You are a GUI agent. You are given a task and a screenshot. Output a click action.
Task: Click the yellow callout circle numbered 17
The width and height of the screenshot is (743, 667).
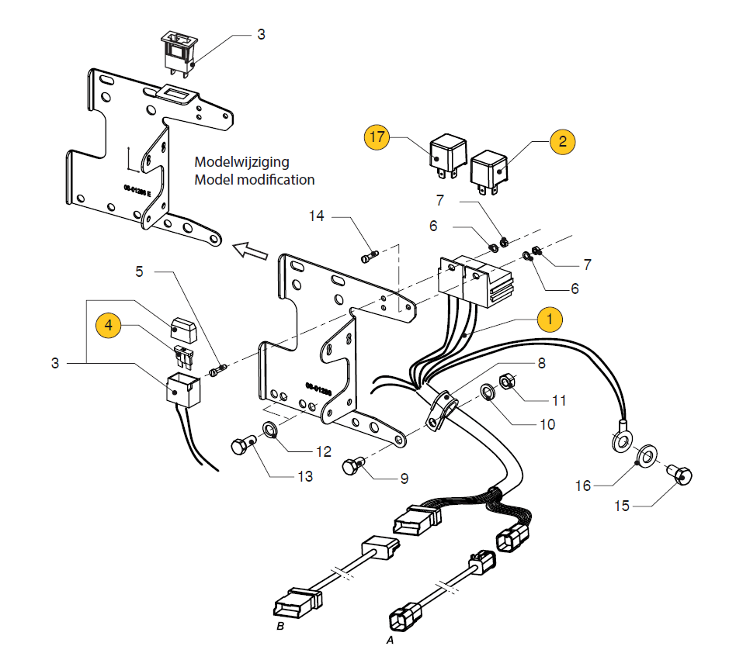point(377,137)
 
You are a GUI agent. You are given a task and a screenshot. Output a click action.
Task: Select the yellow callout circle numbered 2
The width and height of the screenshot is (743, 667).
point(562,141)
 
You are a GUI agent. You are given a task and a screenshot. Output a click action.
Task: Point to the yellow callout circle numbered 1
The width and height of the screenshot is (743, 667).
point(549,318)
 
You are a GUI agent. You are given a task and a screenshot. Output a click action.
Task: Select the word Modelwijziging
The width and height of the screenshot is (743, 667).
point(241,162)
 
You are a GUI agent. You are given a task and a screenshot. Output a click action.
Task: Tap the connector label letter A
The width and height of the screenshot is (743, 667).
point(391,641)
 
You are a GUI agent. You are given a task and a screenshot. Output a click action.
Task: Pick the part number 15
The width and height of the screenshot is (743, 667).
point(622,506)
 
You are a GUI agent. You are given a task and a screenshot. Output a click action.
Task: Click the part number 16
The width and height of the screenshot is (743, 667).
point(583,486)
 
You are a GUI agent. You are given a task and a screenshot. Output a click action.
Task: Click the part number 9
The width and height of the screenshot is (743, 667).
point(404,479)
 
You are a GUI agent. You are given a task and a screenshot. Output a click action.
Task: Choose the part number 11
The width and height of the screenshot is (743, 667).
point(559,400)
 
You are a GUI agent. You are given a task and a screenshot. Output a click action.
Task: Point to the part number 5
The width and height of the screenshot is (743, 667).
point(140,271)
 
